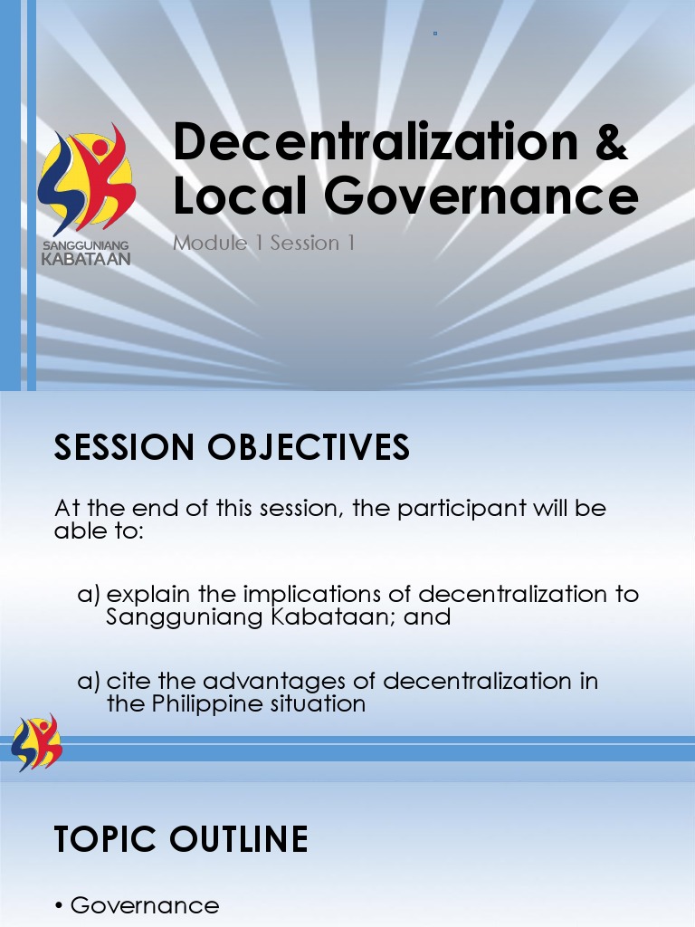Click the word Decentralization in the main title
pos(376,142)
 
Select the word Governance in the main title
pos(471,197)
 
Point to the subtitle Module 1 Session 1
pos(263,243)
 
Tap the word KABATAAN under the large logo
pos(86,259)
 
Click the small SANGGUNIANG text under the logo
pos(86,245)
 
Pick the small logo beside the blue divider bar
pos(36,742)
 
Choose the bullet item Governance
pos(144,905)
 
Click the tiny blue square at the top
pos(435,33)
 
